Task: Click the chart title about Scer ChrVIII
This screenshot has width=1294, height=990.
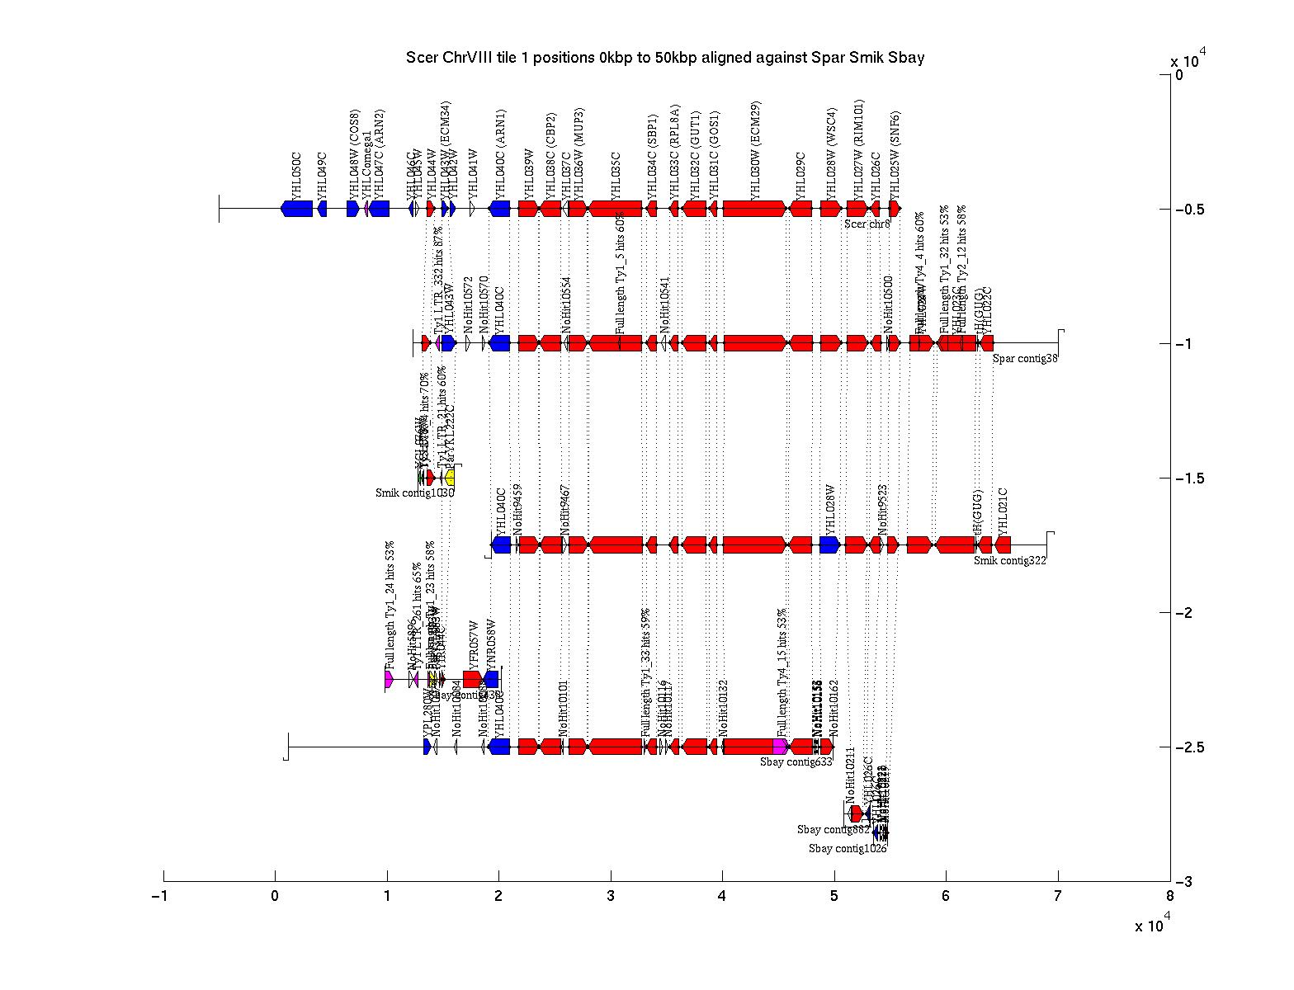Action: (664, 58)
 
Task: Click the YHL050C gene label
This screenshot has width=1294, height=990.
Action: (296, 174)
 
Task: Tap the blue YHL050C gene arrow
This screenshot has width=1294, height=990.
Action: (297, 209)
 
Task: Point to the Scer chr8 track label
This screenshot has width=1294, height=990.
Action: (867, 224)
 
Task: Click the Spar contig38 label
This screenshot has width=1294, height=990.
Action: (1024, 358)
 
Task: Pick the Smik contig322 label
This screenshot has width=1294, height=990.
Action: (1009, 561)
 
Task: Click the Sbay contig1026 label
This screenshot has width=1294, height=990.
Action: (847, 848)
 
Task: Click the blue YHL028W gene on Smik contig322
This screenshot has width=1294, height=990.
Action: (829, 544)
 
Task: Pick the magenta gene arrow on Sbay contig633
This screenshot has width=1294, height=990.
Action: (780, 747)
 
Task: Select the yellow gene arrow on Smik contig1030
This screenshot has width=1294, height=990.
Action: (450, 478)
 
